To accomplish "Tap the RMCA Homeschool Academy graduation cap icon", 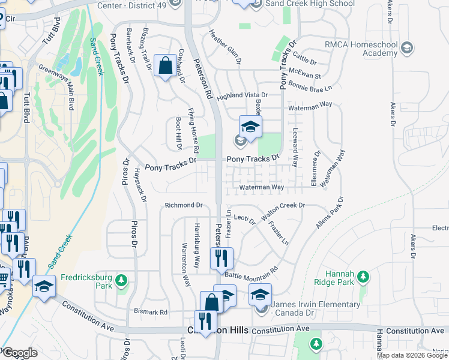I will (x=406, y=47).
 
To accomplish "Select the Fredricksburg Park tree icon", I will (x=122, y=280).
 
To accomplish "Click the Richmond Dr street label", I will (x=184, y=205).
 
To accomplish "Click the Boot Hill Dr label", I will (x=178, y=133).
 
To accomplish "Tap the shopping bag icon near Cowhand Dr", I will (x=165, y=65).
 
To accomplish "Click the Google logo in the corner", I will (x=20, y=353).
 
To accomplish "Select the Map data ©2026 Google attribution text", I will (x=412, y=355).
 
